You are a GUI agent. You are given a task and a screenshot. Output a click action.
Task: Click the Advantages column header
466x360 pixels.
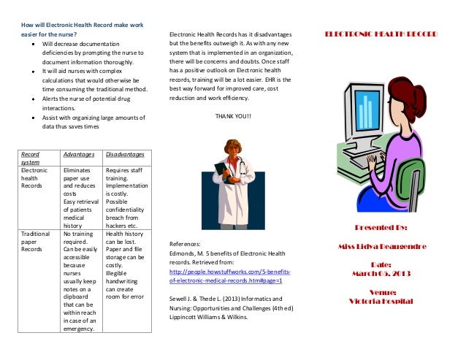[79, 155]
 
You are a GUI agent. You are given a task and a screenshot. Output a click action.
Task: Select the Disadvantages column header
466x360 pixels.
[125, 155]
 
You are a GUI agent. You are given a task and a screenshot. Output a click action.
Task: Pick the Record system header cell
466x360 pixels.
[30, 159]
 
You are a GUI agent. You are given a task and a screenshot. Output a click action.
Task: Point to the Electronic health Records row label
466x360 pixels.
[33, 178]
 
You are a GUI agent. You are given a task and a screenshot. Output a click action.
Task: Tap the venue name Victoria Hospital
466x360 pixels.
[381, 301]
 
